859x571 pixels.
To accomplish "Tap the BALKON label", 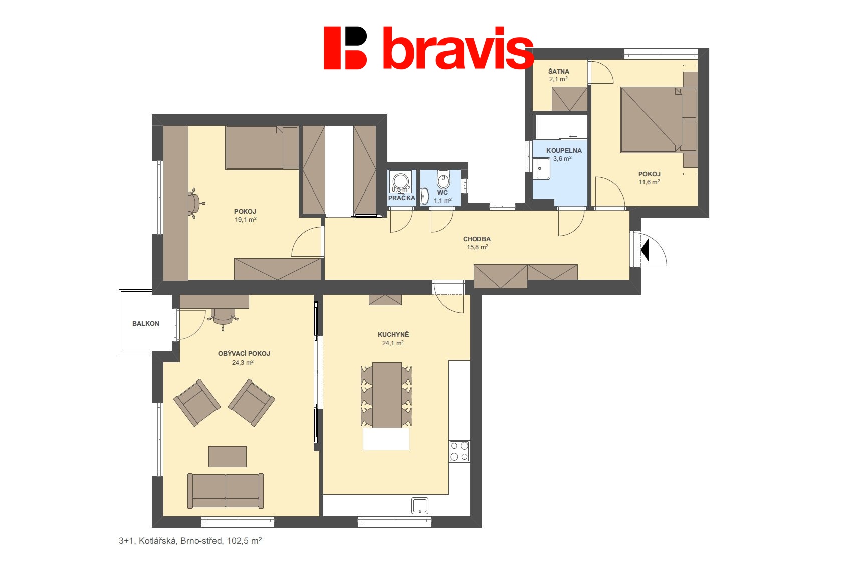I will click(x=146, y=324).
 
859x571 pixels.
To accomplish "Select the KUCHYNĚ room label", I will click(x=393, y=335).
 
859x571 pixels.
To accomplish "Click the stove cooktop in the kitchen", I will click(x=459, y=451).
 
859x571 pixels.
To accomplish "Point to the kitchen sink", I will click(x=419, y=506).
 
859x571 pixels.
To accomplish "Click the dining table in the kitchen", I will click(x=387, y=395).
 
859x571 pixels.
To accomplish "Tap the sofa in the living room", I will click(x=226, y=490).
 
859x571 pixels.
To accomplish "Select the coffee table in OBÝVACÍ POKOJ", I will click(x=228, y=456).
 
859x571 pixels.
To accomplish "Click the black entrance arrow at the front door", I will click(x=645, y=250).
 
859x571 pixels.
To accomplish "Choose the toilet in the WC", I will click(x=443, y=179).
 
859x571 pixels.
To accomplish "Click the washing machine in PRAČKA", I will click(x=400, y=181).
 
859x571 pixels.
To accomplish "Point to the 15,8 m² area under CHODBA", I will click(x=477, y=247).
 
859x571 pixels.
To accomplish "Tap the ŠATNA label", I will click(x=558, y=71).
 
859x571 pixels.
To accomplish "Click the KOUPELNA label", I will click(x=564, y=150).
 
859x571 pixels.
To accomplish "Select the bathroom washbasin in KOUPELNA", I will click(x=541, y=168).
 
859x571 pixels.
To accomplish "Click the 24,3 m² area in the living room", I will click(x=243, y=362).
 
